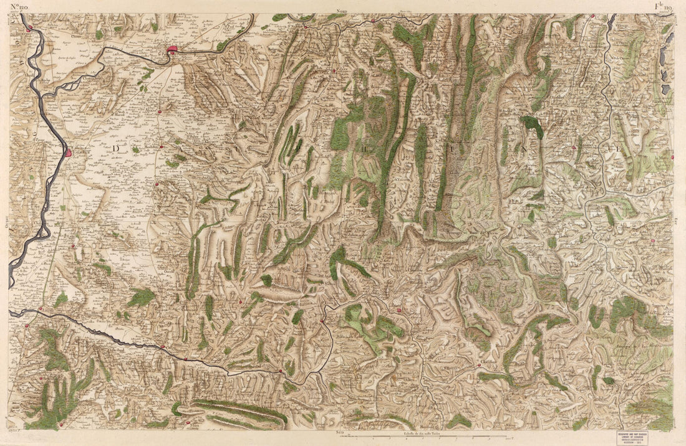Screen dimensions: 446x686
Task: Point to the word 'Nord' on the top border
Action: pyautogui.click(x=341, y=11)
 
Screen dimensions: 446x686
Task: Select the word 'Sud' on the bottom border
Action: pyautogui.click(x=339, y=431)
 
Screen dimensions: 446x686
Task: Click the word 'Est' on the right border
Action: pyautogui.click(x=678, y=221)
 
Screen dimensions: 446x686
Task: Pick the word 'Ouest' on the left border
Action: pyautogui.click(x=5, y=222)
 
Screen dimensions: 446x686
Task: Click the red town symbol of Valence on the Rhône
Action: pyautogui.click(x=68, y=152)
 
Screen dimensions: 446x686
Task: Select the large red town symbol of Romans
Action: pyautogui.click(x=171, y=49)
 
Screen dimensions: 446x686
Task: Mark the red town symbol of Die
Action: pyautogui.click(x=398, y=309)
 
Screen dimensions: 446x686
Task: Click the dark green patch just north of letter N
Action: pyautogui.click(x=532, y=125)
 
